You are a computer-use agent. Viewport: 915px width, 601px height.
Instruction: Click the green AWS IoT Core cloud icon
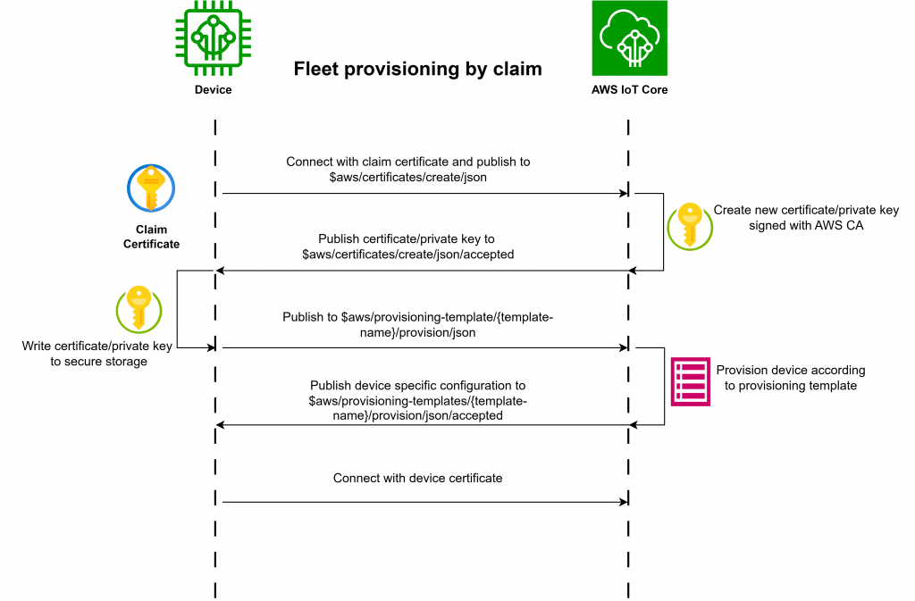click(629, 39)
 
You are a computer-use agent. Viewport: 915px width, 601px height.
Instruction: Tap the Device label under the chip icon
click(214, 90)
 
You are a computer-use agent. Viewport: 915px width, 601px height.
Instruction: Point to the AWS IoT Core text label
click(629, 90)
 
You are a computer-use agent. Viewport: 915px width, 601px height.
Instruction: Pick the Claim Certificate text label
click(151, 237)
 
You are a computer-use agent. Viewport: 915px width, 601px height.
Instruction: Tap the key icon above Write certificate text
click(139, 308)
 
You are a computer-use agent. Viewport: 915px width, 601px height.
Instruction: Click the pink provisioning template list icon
click(690, 383)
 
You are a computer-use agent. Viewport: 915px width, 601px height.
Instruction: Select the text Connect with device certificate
click(417, 479)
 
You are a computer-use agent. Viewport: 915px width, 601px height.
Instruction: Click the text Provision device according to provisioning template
click(790, 378)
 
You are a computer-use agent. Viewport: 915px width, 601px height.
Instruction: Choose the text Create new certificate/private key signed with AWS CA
click(805, 218)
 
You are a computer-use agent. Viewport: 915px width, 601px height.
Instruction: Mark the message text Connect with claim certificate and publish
click(407, 163)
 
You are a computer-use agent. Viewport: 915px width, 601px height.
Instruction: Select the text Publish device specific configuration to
click(417, 386)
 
